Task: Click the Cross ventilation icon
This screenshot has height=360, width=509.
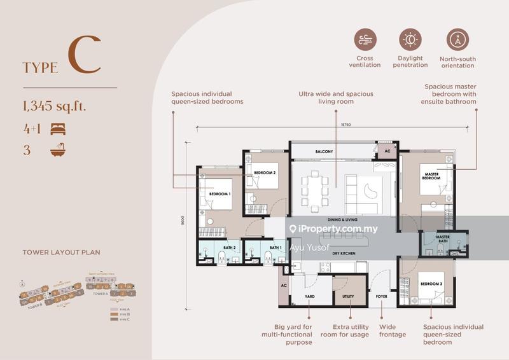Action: [365, 39]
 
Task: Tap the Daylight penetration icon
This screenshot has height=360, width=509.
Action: [410, 39]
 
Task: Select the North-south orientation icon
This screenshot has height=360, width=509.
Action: [457, 39]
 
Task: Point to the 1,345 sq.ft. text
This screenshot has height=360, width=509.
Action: [53, 106]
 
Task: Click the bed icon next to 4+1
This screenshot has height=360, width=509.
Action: [58, 128]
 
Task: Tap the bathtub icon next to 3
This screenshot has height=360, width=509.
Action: [58, 151]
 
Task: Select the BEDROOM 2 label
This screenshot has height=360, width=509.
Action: [264, 172]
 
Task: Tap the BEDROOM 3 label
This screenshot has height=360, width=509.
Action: [430, 283]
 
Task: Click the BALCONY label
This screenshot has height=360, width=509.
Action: [324, 152]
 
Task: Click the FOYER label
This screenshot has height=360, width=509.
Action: [382, 296]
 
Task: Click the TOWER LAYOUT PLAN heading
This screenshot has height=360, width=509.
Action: [61, 252]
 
